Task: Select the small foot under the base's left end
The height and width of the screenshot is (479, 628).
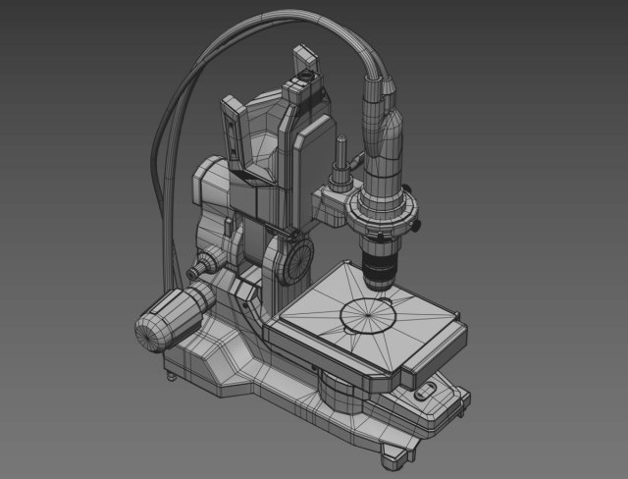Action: tap(173, 373)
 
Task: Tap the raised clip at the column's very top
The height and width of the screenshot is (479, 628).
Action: tap(299, 61)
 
